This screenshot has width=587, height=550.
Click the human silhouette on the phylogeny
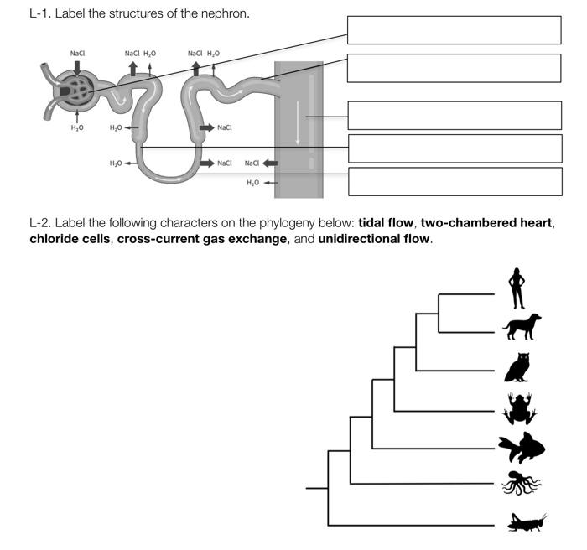pyautogui.click(x=517, y=289)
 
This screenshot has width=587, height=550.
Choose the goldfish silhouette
pyautogui.click(x=522, y=449)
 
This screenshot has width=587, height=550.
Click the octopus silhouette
pyautogui.click(x=521, y=484)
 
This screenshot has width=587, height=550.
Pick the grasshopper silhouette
pyautogui.click(x=527, y=523)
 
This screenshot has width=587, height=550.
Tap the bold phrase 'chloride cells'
pyautogui.click(x=70, y=239)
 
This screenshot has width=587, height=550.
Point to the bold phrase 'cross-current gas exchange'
pyautogui.click(x=201, y=239)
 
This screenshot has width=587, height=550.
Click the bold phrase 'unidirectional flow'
pyautogui.click(x=374, y=239)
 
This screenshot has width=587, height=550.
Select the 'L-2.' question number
pyautogui.click(x=41, y=223)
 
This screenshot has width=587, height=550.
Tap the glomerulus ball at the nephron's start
pyautogui.click(x=74, y=90)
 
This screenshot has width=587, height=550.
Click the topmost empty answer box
pyautogui.click(x=454, y=29)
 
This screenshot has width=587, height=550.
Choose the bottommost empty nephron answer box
pyautogui.click(x=454, y=181)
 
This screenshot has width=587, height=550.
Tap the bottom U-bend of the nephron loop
pyautogui.click(x=171, y=178)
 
